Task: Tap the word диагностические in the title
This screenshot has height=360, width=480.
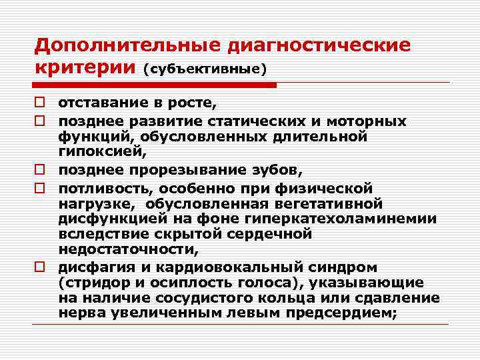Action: coord(320,46)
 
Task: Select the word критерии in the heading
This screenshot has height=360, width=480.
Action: coord(85,68)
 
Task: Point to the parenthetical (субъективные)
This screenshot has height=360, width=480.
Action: coord(205,69)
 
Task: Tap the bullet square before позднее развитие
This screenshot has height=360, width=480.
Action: coord(41,121)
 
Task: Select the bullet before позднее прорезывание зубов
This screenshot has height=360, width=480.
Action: coord(41,171)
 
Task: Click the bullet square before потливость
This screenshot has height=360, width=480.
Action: coord(41,187)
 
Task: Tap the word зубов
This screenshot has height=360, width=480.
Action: coord(285,170)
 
